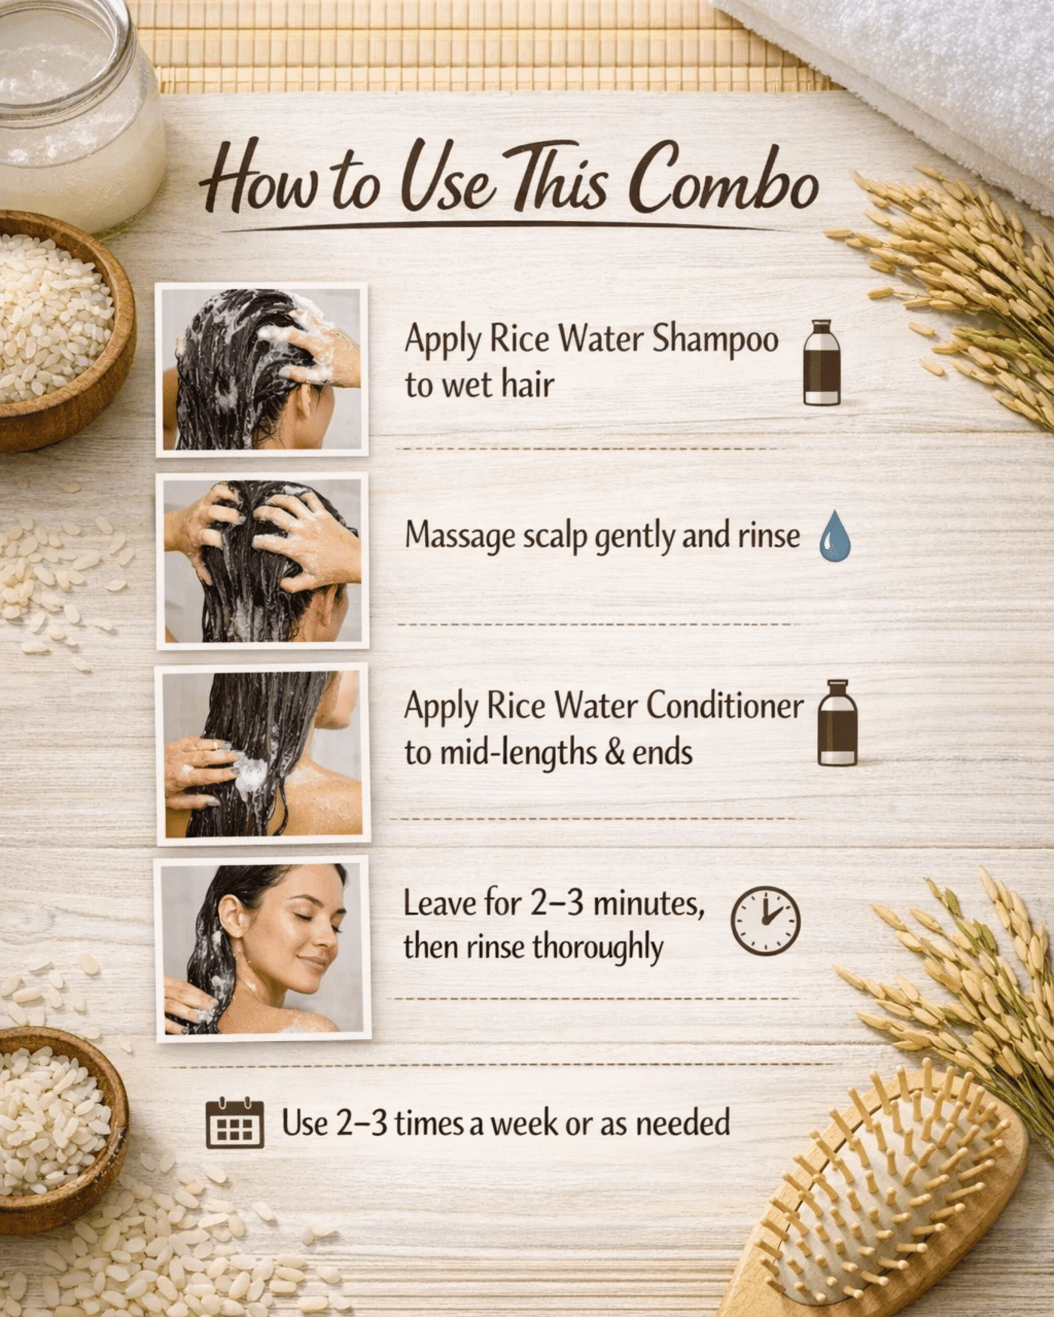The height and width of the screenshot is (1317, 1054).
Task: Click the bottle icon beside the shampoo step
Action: pyautogui.click(x=821, y=362)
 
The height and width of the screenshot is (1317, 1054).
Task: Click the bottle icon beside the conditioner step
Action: pyautogui.click(x=837, y=722)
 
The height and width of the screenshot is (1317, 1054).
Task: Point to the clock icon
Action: pyautogui.click(x=765, y=921)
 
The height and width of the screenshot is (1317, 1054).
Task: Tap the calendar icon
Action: pyautogui.click(x=235, y=1123)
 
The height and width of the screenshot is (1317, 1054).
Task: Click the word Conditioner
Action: pyautogui.click(x=725, y=705)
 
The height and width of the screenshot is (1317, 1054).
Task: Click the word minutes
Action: pyautogui.click(x=649, y=903)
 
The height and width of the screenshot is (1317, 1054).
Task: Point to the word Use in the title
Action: pyautogui.click(x=448, y=178)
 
